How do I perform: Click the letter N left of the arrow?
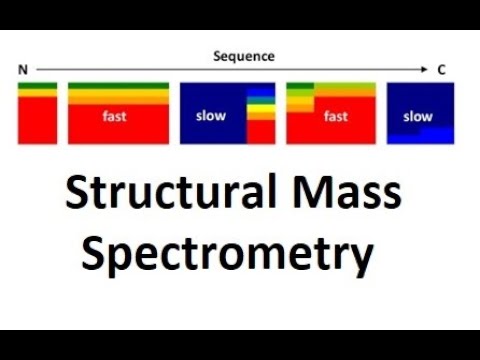22,70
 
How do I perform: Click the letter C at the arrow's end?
441,70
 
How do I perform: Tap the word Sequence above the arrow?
243,56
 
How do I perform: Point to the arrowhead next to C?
424,70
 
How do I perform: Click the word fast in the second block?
115,117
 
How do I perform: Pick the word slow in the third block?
211,116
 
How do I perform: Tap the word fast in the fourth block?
336,117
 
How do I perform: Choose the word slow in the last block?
418,117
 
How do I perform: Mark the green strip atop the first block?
37,87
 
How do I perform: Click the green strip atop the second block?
118,87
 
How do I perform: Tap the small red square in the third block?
260,132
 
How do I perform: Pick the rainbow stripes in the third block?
260,104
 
